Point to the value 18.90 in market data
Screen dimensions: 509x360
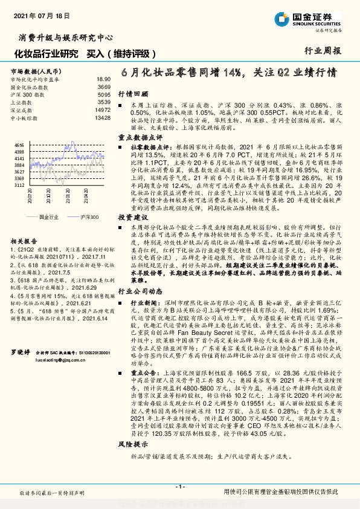pyautogui.click(x=103, y=79)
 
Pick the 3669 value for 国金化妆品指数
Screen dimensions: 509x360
pyautogui.click(x=103, y=88)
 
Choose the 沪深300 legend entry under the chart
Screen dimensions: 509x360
pyautogui.click(x=89, y=216)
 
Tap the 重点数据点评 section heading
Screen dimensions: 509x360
pyautogui.click(x=139, y=137)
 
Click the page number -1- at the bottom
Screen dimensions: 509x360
pyautogui.click(x=179, y=487)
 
